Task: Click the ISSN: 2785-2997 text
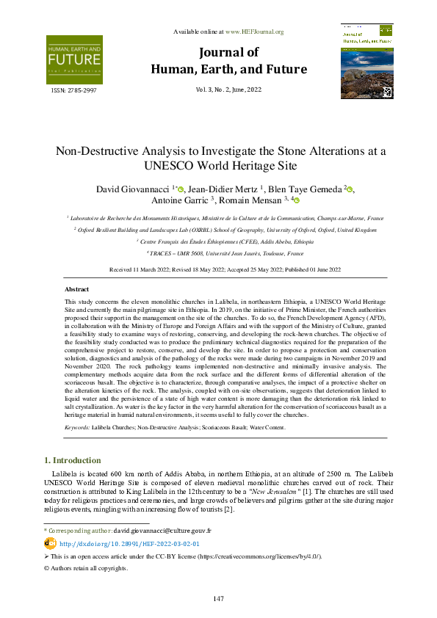coord(73,90)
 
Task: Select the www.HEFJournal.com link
coord(255,32)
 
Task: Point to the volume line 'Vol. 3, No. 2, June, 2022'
coord(228,90)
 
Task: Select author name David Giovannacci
coord(130,189)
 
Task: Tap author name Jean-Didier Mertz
coord(221,189)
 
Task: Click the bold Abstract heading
coord(77,290)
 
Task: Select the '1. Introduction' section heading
coord(73,460)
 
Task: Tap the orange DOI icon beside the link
coord(50,543)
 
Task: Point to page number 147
coord(218,599)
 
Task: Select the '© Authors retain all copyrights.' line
coord(87,568)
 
